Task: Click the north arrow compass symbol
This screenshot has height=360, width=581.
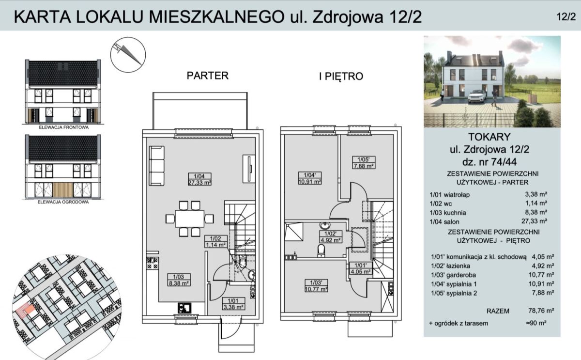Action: (x=128, y=55)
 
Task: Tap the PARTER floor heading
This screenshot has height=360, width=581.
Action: (x=208, y=76)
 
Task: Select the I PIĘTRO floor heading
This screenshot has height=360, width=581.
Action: (x=341, y=76)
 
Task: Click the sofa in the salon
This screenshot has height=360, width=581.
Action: (x=157, y=166)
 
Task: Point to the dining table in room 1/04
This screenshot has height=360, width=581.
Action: (x=190, y=219)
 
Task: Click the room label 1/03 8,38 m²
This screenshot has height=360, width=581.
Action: (x=179, y=280)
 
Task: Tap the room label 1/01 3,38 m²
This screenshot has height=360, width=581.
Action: (x=233, y=304)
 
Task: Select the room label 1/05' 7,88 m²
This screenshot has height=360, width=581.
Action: (x=364, y=162)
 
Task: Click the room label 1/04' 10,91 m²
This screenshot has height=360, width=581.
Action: (x=310, y=178)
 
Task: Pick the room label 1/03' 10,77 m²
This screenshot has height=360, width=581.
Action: (x=316, y=285)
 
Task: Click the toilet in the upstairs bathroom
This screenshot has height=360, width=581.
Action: (x=321, y=250)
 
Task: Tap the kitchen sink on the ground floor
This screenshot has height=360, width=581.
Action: (x=184, y=308)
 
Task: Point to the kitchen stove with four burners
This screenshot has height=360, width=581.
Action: (x=153, y=263)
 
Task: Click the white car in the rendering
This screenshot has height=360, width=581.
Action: (x=477, y=96)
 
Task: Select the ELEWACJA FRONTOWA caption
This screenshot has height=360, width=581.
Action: (x=63, y=127)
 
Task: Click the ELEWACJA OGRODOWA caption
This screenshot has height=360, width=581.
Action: (x=63, y=202)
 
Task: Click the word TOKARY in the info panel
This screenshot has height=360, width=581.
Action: (x=489, y=137)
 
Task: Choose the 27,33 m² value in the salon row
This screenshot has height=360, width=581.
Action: (x=535, y=221)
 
